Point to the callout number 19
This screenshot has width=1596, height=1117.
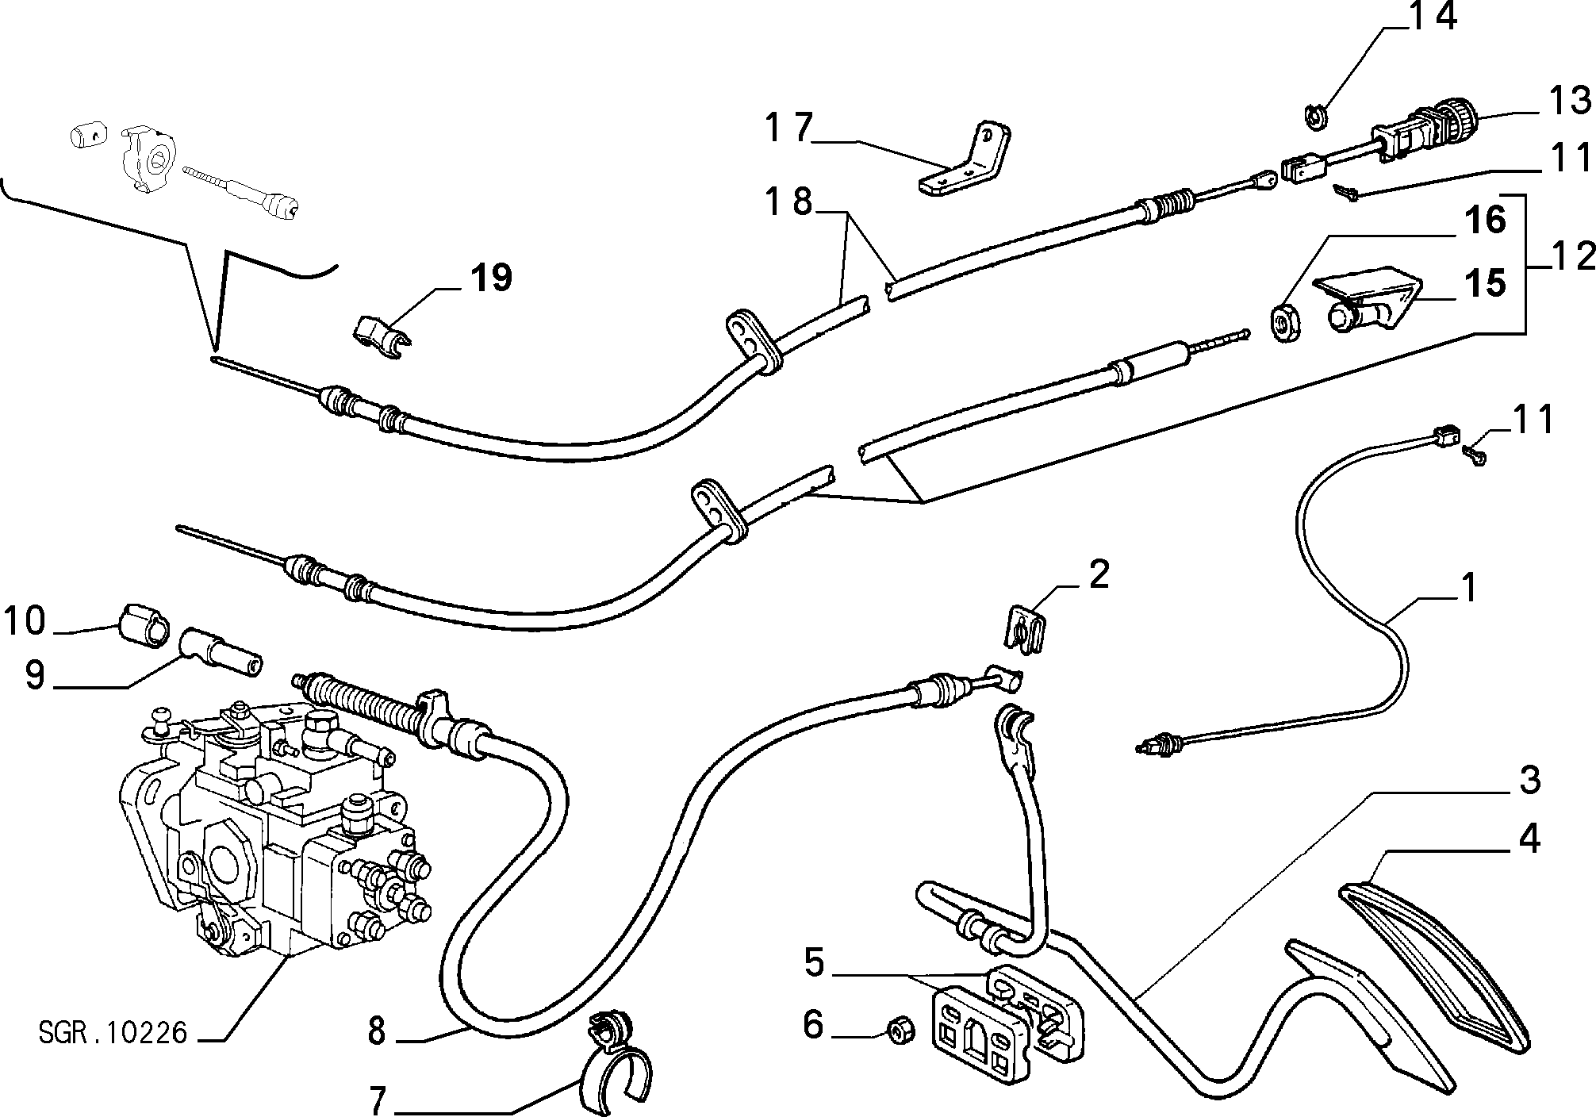coord(490,278)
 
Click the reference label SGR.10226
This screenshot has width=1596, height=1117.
coord(112,1033)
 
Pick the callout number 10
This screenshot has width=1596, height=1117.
coord(25,620)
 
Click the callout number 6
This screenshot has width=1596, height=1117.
coord(814,1025)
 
